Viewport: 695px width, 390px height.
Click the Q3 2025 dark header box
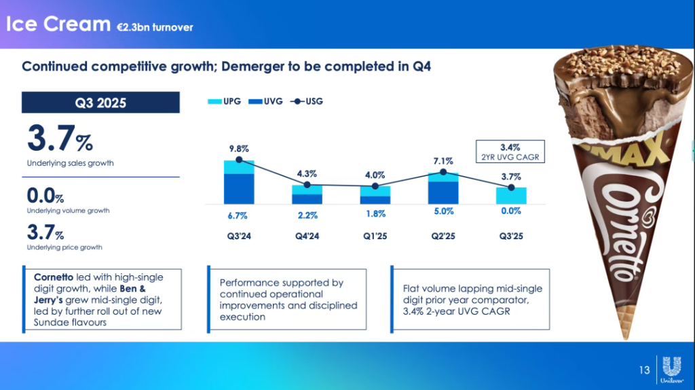[100, 103]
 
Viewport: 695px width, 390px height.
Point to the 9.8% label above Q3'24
[239, 147]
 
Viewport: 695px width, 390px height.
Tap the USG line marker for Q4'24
[307, 185]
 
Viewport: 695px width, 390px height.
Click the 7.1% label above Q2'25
[443, 160]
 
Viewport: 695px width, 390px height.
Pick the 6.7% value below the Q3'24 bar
[238, 215]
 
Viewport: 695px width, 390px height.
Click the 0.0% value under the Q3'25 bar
[510, 211]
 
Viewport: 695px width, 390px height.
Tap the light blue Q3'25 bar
[510, 196]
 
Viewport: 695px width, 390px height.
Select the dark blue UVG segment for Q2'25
[443, 192]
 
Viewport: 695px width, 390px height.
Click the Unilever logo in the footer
[672, 370]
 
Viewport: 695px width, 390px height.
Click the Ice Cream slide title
[58, 24]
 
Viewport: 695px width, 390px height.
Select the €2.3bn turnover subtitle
[155, 27]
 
